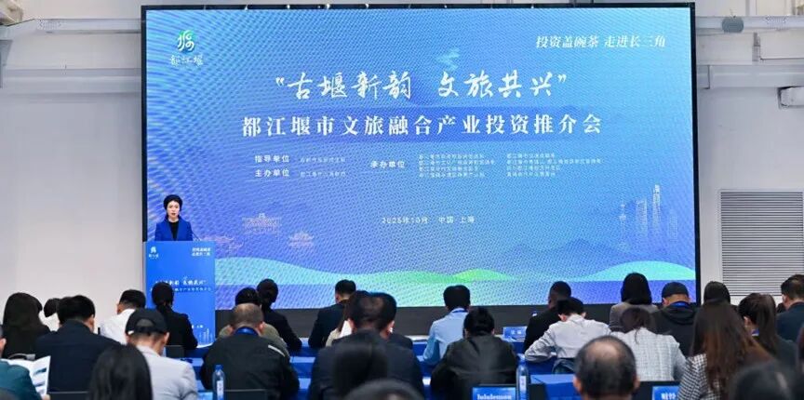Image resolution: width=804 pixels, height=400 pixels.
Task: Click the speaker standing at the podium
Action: [172, 220]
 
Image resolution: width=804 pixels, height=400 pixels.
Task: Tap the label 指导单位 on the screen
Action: [271, 159]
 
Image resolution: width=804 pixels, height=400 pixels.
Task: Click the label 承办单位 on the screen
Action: [387, 165]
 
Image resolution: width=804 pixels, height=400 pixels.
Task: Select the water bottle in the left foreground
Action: [218, 381]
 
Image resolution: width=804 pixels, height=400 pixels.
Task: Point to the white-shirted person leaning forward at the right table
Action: [568, 330]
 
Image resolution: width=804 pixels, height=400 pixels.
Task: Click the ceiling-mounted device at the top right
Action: [732, 23]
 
